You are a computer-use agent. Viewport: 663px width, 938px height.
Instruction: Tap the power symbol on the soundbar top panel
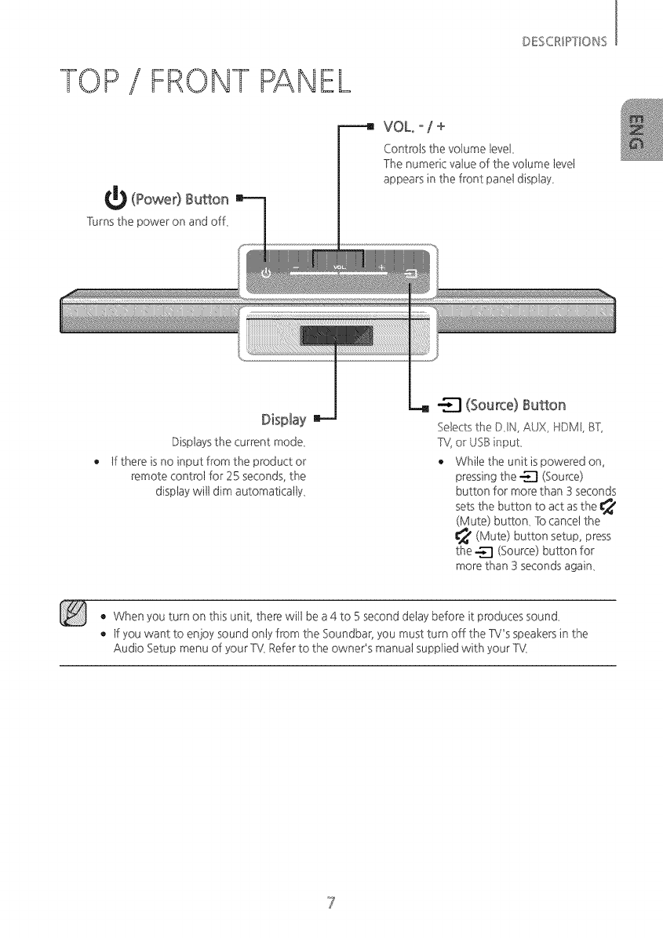pos(266,272)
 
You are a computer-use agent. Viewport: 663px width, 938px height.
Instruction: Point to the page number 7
pos(332,900)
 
